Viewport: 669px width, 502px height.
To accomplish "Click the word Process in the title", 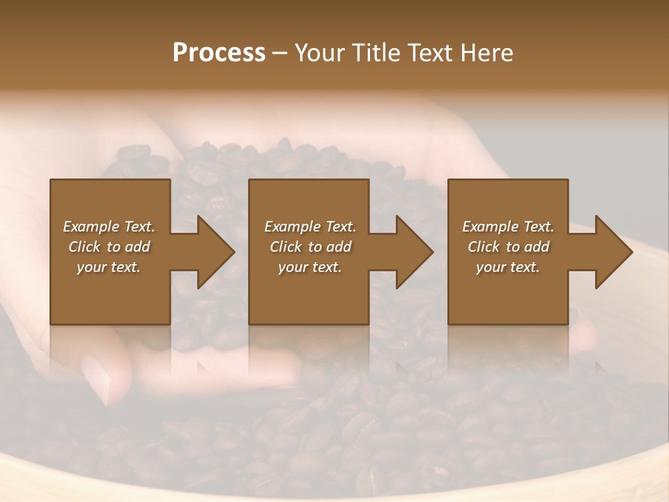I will pos(219,53).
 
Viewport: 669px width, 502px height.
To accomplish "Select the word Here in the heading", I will pos(487,53).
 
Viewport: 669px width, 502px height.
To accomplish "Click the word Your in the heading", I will pos(320,53).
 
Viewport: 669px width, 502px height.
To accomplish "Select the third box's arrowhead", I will pos(613,252).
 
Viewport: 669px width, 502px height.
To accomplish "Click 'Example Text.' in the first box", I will pos(109,227).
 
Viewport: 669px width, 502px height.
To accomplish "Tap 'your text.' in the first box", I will pos(109,267).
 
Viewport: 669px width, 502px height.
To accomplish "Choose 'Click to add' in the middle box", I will pos(310,247).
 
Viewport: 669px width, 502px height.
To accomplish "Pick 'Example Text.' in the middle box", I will pos(310,227).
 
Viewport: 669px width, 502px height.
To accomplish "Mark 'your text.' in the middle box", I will pos(310,267).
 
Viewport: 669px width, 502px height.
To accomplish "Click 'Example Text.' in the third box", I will pos(508,227).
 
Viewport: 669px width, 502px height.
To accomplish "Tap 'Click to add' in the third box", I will pos(508,247).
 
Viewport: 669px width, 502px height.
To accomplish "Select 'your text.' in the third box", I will pos(508,267).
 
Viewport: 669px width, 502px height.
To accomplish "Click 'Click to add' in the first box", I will pos(109,247).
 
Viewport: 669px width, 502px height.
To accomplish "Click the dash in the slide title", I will pos(280,54).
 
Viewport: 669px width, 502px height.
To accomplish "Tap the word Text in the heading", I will pos(432,53).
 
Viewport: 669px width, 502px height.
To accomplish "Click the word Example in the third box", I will pos(490,227).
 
